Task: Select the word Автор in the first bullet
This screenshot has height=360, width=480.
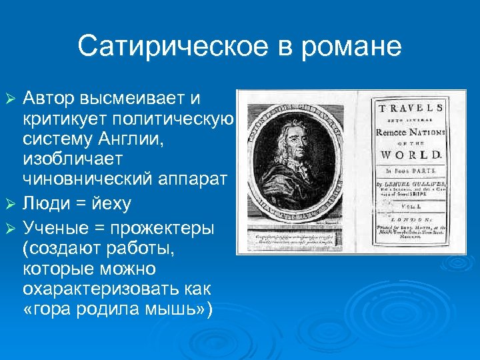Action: click(x=49, y=99)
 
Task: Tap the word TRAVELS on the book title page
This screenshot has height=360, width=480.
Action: click(x=411, y=107)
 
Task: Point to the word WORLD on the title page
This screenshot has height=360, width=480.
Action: click(x=411, y=150)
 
